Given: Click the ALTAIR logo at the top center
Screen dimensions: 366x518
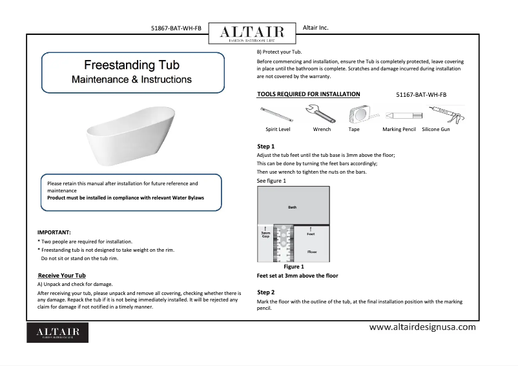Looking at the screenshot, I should (251, 33).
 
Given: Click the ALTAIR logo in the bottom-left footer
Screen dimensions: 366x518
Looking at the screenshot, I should (57, 332).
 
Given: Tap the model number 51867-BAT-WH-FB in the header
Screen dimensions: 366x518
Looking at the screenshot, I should (175, 28).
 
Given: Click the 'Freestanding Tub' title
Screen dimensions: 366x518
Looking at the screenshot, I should (132, 65).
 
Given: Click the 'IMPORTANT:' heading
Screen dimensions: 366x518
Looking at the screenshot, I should (54, 232).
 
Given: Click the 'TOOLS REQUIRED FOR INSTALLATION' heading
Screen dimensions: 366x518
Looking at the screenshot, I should (309, 94).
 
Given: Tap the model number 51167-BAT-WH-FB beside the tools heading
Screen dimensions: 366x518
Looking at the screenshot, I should (420, 95).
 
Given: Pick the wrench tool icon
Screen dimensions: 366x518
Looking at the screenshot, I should (321, 115).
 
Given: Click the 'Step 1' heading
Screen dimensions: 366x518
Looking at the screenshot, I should (266, 147).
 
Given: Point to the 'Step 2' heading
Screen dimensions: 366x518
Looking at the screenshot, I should (266, 292).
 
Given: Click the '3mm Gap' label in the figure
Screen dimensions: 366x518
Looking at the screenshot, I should (265, 234).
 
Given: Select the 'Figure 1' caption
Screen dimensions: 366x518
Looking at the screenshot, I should (294, 267).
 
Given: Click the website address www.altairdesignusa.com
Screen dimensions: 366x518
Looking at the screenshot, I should (422, 327).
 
